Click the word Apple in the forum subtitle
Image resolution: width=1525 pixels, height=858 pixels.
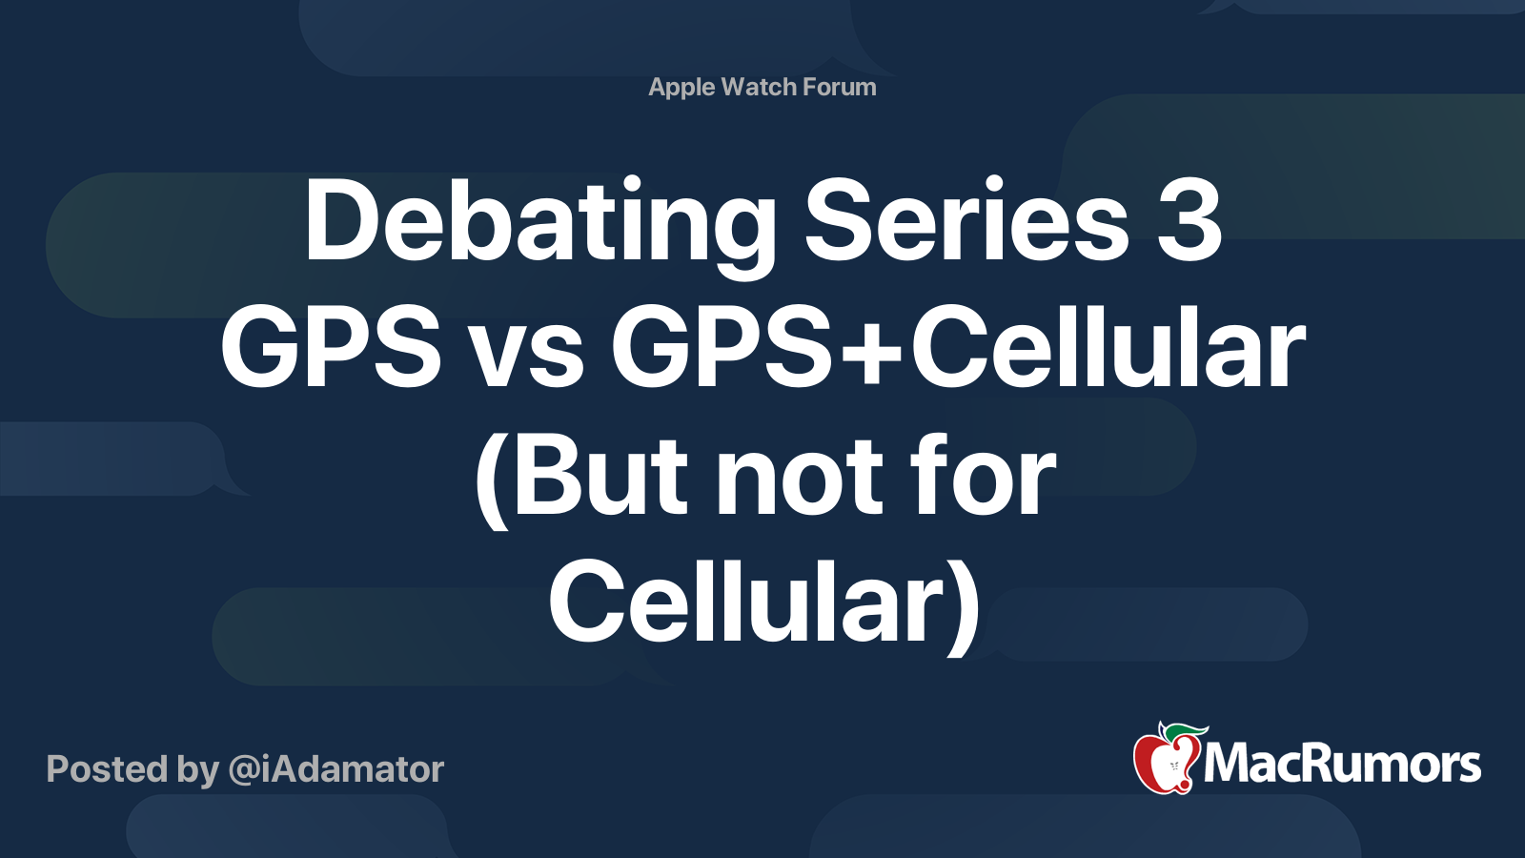click(681, 88)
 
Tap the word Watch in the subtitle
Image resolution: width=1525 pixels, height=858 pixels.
click(759, 87)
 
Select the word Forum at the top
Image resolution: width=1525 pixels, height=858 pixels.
click(839, 87)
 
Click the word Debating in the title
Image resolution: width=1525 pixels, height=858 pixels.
click(539, 223)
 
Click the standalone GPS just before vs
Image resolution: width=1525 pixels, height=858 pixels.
click(331, 350)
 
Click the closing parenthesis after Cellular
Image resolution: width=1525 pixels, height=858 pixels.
click(965, 605)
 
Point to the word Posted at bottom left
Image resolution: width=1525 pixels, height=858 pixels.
click(107, 769)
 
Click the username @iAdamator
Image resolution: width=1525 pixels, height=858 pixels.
click(336, 769)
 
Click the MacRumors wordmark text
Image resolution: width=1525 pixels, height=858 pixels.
click(1342, 765)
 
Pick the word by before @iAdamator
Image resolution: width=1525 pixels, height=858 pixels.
click(198, 770)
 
